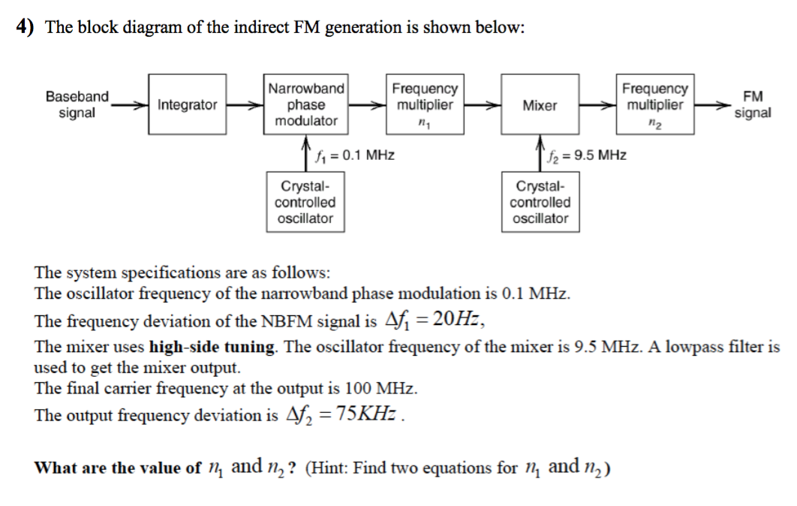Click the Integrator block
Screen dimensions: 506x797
point(187,105)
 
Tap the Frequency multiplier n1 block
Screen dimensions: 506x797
point(424,105)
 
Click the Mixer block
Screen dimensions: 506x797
point(540,105)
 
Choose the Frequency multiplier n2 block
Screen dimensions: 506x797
point(655,105)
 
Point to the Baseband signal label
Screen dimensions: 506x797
point(77,105)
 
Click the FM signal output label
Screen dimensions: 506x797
point(752,105)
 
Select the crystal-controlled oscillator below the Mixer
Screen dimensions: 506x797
point(540,202)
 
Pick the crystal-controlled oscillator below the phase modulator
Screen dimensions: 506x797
point(305,202)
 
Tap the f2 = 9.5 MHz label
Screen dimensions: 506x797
point(588,156)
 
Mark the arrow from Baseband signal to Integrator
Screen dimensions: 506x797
point(129,105)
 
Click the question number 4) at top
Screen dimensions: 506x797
point(26,29)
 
